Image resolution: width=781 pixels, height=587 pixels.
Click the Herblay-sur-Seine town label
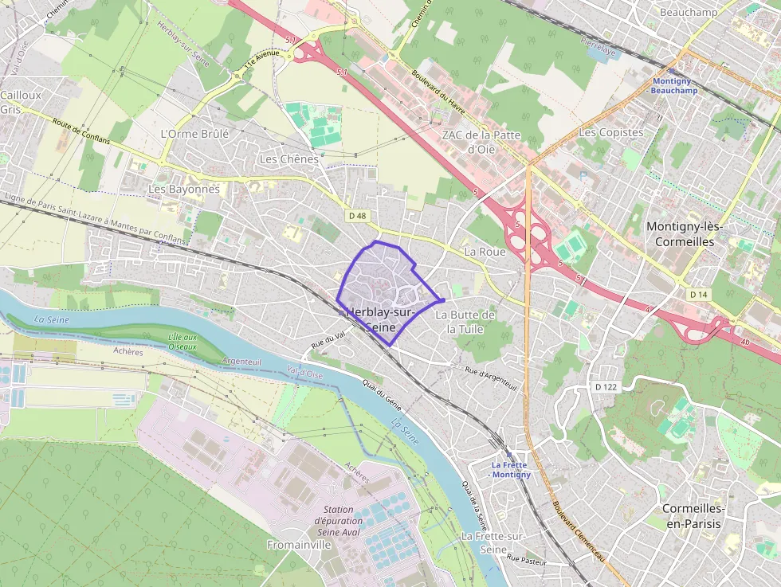[x=379, y=319]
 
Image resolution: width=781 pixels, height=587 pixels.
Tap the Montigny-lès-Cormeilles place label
[x=684, y=233]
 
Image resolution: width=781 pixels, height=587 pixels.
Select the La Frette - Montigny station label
[x=511, y=470]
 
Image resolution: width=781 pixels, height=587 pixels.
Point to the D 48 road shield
[x=357, y=216]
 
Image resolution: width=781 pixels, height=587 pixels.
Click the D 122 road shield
[x=606, y=386]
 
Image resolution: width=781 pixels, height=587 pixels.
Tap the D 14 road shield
[x=698, y=295]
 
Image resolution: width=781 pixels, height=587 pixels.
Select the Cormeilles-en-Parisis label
[x=693, y=515]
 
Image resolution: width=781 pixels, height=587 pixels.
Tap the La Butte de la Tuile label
[x=465, y=322]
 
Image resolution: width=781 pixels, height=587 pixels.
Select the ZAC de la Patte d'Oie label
[x=481, y=141]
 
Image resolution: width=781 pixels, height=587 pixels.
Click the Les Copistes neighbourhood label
[x=610, y=132]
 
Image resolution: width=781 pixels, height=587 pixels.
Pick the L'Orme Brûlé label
[x=194, y=134]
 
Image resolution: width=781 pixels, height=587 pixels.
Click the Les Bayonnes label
[x=183, y=190]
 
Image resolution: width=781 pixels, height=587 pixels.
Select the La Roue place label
[x=485, y=252]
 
